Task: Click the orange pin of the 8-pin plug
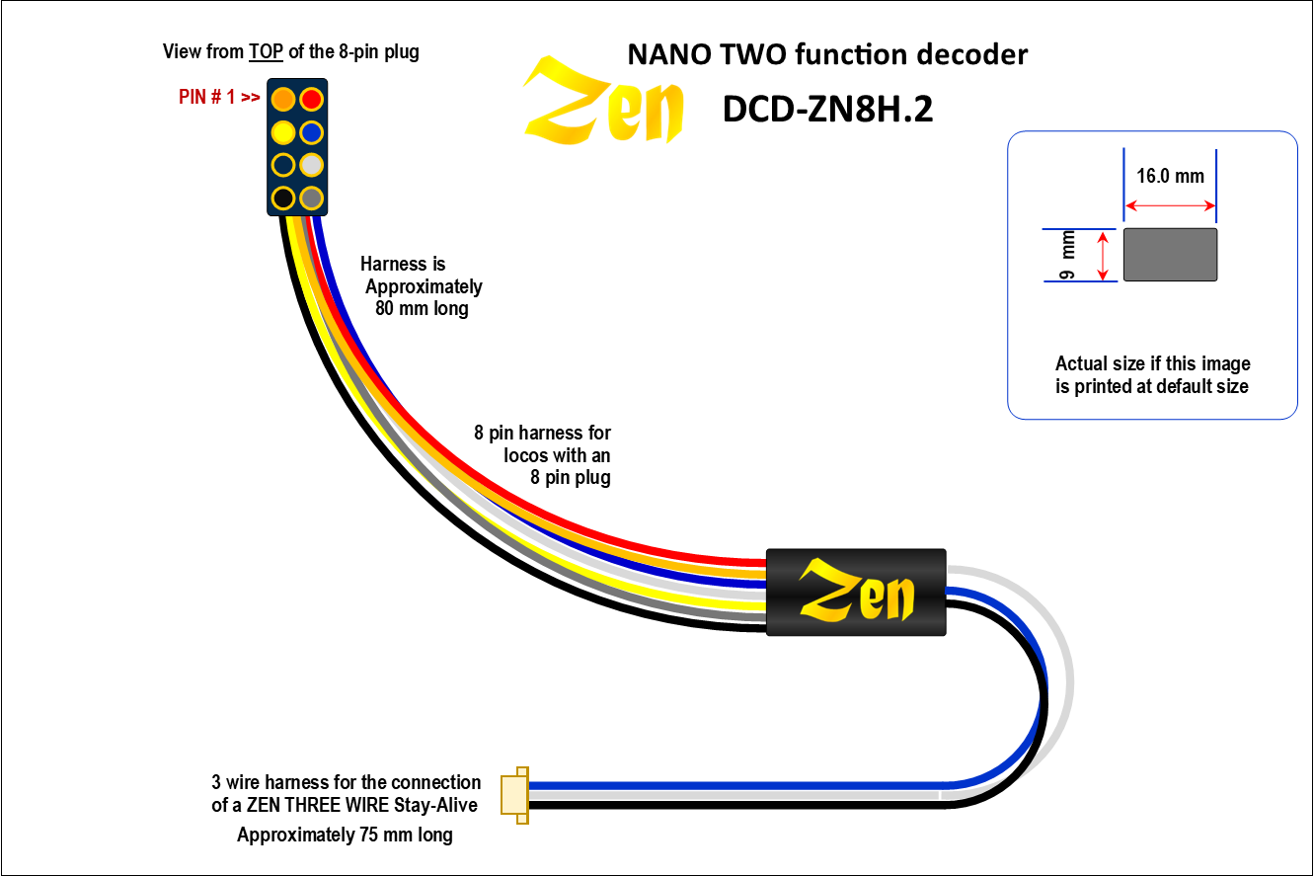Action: (283, 99)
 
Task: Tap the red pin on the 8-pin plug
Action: (311, 99)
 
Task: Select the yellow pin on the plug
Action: (283, 131)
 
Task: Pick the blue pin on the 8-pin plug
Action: (311, 131)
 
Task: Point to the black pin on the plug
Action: (283, 198)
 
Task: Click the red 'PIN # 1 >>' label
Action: (219, 99)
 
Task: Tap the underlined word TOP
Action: (265, 52)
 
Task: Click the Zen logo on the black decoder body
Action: (856, 591)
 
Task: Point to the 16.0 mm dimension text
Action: (1170, 177)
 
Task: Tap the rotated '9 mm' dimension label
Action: (1066, 255)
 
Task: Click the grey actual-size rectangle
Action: (1170, 255)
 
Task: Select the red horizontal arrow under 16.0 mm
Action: (1170, 205)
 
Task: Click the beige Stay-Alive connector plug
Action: (515, 795)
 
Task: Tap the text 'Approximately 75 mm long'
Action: (345, 836)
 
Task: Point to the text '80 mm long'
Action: (422, 308)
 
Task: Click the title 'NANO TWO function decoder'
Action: (827, 54)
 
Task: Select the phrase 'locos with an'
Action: (557, 455)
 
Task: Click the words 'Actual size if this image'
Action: (1152, 363)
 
